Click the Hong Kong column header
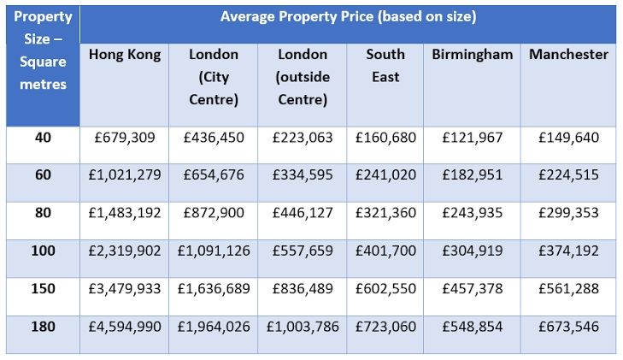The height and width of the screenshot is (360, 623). click(125, 55)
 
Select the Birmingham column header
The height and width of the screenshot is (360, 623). click(472, 55)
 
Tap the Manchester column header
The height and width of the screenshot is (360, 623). click(568, 55)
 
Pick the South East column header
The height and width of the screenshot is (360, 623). click(385, 66)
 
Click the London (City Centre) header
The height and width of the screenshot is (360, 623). click(214, 77)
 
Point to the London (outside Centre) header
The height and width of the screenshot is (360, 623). click(302, 77)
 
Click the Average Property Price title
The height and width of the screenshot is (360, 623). click(348, 17)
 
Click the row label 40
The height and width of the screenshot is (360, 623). click(44, 137)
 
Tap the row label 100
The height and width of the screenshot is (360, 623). click(44, 251)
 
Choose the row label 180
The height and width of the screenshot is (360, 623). click(44, 326)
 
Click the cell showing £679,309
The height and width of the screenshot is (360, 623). click(125, 137)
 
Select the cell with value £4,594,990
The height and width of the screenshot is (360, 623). click(125, 326)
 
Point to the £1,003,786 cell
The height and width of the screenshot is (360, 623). click(302, 326)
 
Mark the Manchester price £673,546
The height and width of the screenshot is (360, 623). click(568, 326)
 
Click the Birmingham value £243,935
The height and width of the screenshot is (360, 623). click(472, 213)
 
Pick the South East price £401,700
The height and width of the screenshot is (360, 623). click(385, 251)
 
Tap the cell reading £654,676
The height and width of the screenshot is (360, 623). click(214, 175)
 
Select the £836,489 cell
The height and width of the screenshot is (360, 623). click(302, 288)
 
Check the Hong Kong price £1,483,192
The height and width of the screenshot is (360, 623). click(125, 213)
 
